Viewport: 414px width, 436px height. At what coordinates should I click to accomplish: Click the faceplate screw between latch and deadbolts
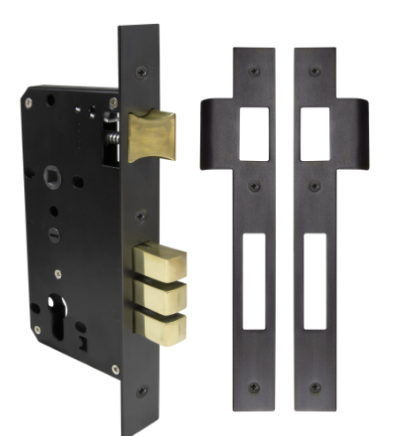pos(141,215)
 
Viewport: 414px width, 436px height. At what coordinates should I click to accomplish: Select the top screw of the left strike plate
pos(254,70)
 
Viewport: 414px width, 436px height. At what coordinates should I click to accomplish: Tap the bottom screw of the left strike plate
pos(254,387)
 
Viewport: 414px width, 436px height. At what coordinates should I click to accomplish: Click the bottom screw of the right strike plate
pos(316,387)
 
